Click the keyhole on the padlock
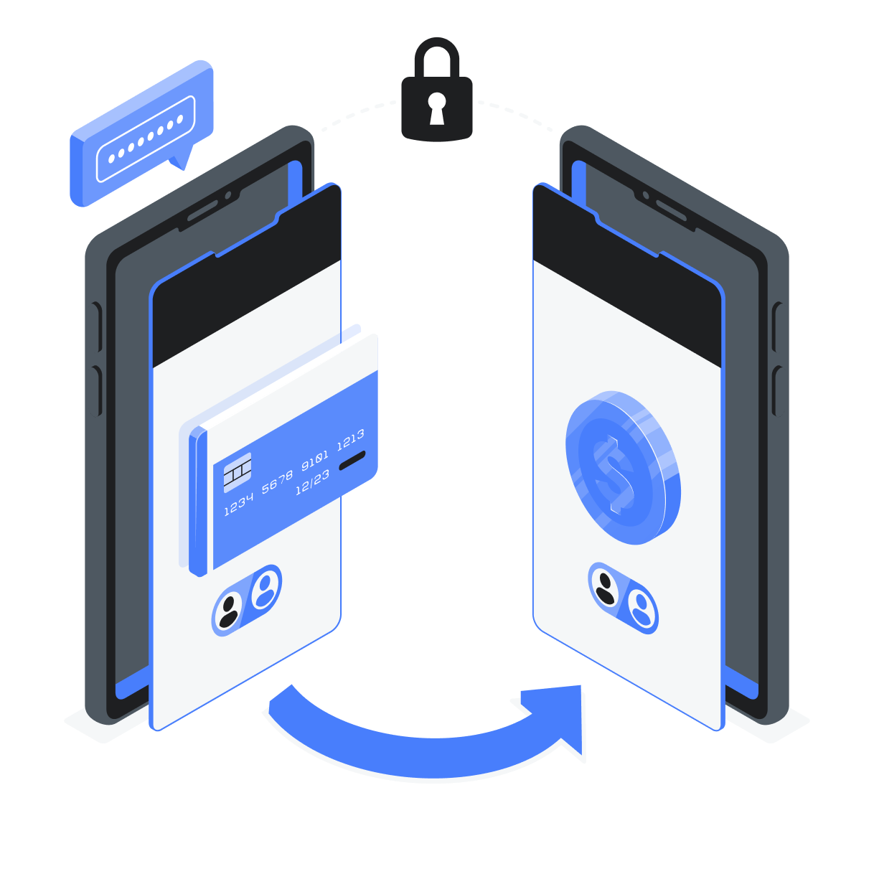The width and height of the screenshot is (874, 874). tap(436, 106)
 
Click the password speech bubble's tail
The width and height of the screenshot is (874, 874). tap(182, 159)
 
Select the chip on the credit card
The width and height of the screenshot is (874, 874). tap(237, 472)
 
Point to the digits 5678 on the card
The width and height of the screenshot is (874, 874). tap(277, 481)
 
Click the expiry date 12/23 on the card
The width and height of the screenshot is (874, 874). tap(312, 481)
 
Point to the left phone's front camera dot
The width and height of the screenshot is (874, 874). tap(228, 195)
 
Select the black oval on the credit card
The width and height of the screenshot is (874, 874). tap(352, 460)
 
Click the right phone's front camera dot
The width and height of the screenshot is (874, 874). tap(646, 195)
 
